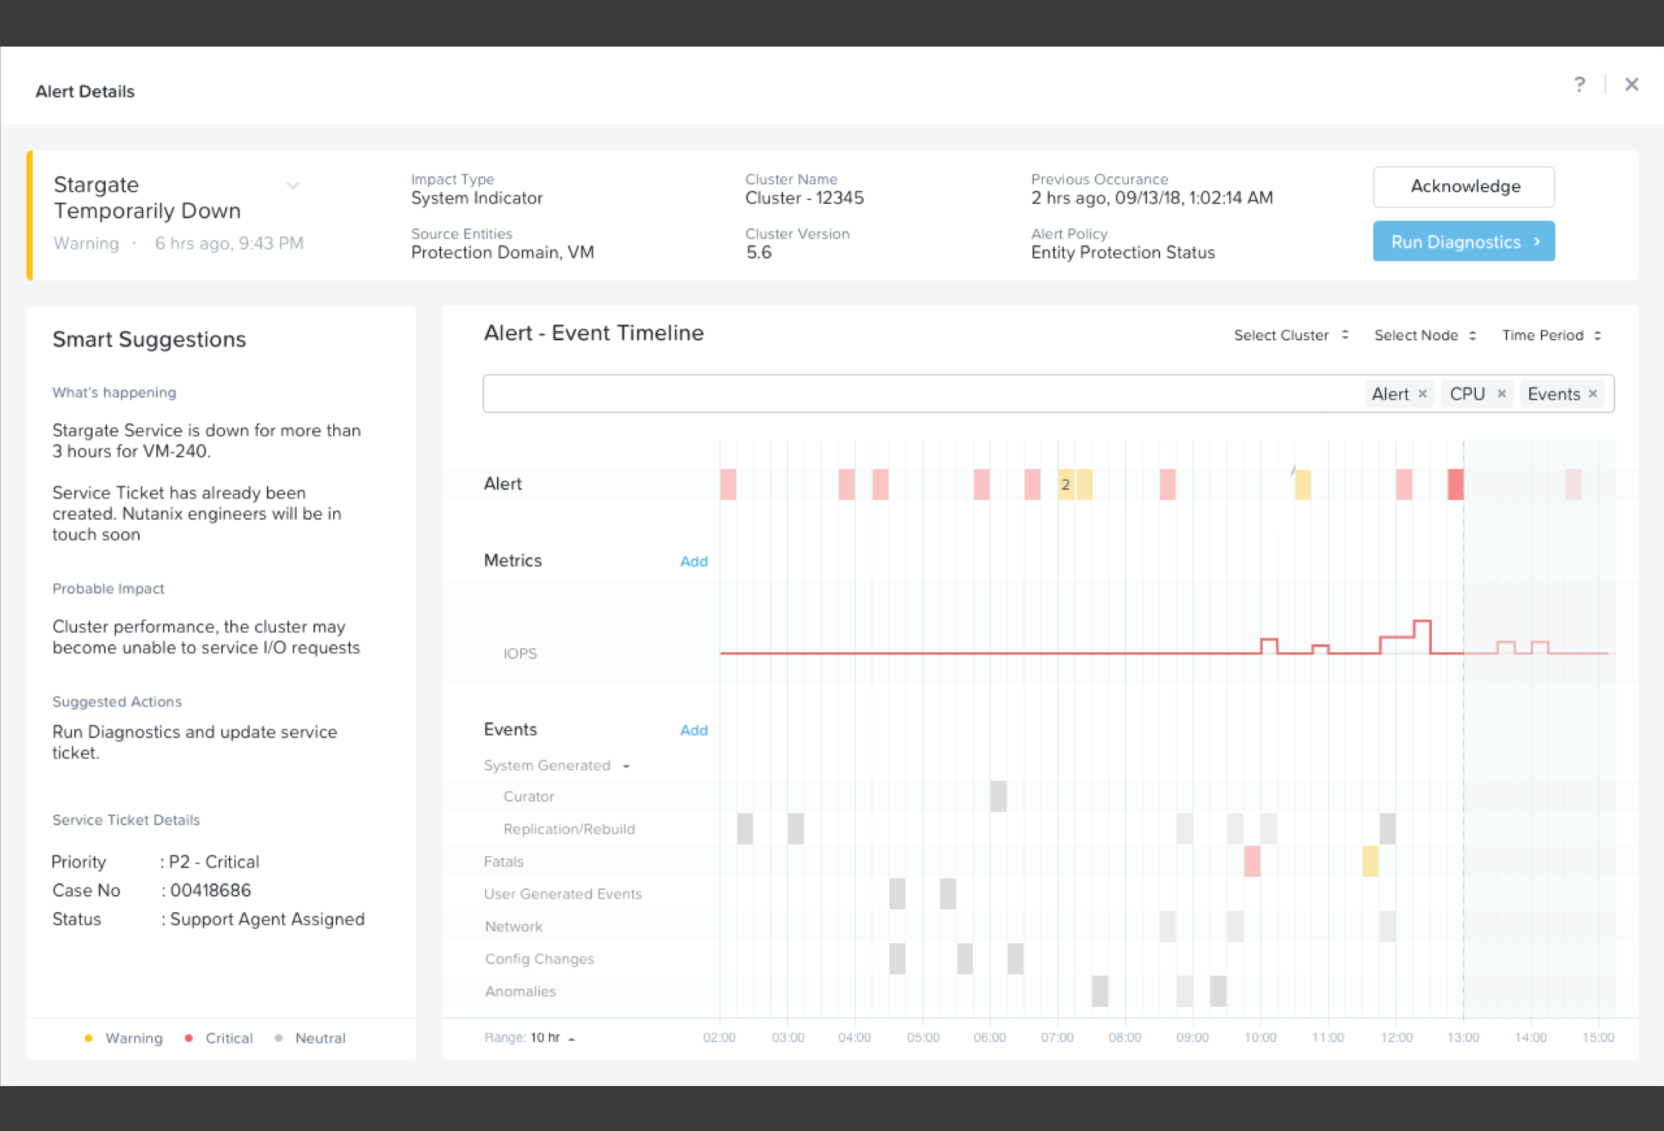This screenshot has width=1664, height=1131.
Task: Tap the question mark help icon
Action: coord(1579,84)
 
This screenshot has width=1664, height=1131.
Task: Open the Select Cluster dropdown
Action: coord(1291,335)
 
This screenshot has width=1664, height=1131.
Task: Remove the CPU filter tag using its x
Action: coord(1502,394)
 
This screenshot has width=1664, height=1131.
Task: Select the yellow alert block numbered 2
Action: coord(1065,485)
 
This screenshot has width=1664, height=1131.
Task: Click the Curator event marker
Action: coord(998,796)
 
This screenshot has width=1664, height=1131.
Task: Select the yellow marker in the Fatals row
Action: coord(1370,861)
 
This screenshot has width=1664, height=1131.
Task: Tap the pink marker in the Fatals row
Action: coord(1252,861)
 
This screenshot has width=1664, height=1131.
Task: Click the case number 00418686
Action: coord(211,890)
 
